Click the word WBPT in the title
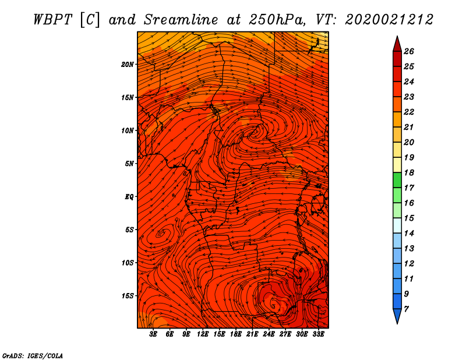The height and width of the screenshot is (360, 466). pyautogui.click(x=53, y=20)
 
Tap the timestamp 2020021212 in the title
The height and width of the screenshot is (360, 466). pyautogui.click(x=389, y=20)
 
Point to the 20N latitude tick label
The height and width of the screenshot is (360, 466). pyautogui.click(x=128, y=65)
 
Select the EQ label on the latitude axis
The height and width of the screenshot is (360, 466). pyautogui.click(x=129, y=197)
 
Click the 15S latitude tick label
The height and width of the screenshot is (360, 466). pyautogui.click(x=128, y=296)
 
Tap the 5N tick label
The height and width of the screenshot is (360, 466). pyautogui.click(x=129, y=164)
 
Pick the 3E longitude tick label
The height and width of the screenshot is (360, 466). pyautogui.click(x=153, y=334)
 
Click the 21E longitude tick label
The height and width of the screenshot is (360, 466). pyautogui.click(x=252, y=334)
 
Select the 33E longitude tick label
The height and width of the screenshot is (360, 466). pyautogui.click(x=318, y=334)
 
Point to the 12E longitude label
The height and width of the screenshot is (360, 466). pyautogui.click(x=202, y=334)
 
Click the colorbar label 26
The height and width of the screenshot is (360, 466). pyautogui.click(x=409, y=51)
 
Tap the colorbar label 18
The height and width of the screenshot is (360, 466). pyautogui.click(x=409, y=172)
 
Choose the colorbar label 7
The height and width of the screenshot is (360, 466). pyautogui.click(x=406, y=309)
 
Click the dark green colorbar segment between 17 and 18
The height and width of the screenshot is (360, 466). pyautogui.click(x=397, y=180)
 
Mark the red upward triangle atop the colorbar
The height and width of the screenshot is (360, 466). pyautogui.click(x=397, y=45)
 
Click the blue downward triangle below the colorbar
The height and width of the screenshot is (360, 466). pyautogui.click(x=397, y=316)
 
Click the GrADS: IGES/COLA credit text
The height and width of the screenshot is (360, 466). pyautogui.click(x=33, y=356)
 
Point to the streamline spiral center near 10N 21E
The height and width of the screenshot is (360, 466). pyautogui.click(x=255, y=132)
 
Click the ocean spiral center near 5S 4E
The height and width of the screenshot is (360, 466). pyautogui.click(x=161, y=234)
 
